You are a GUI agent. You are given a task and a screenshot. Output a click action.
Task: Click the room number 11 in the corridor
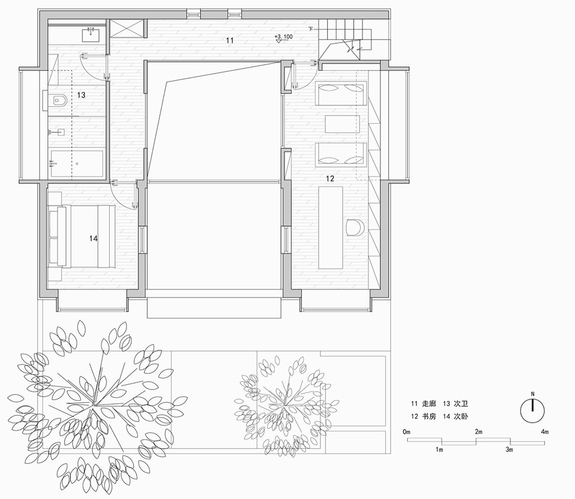[x=229, y=41]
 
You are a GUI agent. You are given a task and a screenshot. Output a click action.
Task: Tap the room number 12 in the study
[x=330, y=178]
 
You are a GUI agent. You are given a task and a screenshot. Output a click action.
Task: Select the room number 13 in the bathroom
[x=81, y=95]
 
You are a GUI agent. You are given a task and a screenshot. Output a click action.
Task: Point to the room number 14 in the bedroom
[x=93, y=238]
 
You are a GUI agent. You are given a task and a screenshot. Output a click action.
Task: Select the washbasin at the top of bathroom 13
[x=93, y=34]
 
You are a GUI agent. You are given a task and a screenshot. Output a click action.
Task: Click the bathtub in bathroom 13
[x=76, y=163]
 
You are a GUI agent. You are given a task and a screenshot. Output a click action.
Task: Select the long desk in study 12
[x=330, y=228]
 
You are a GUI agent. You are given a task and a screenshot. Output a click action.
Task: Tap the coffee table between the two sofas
[x=342, y=124]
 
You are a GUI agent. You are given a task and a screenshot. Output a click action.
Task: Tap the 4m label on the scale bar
[x=544, y=432]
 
